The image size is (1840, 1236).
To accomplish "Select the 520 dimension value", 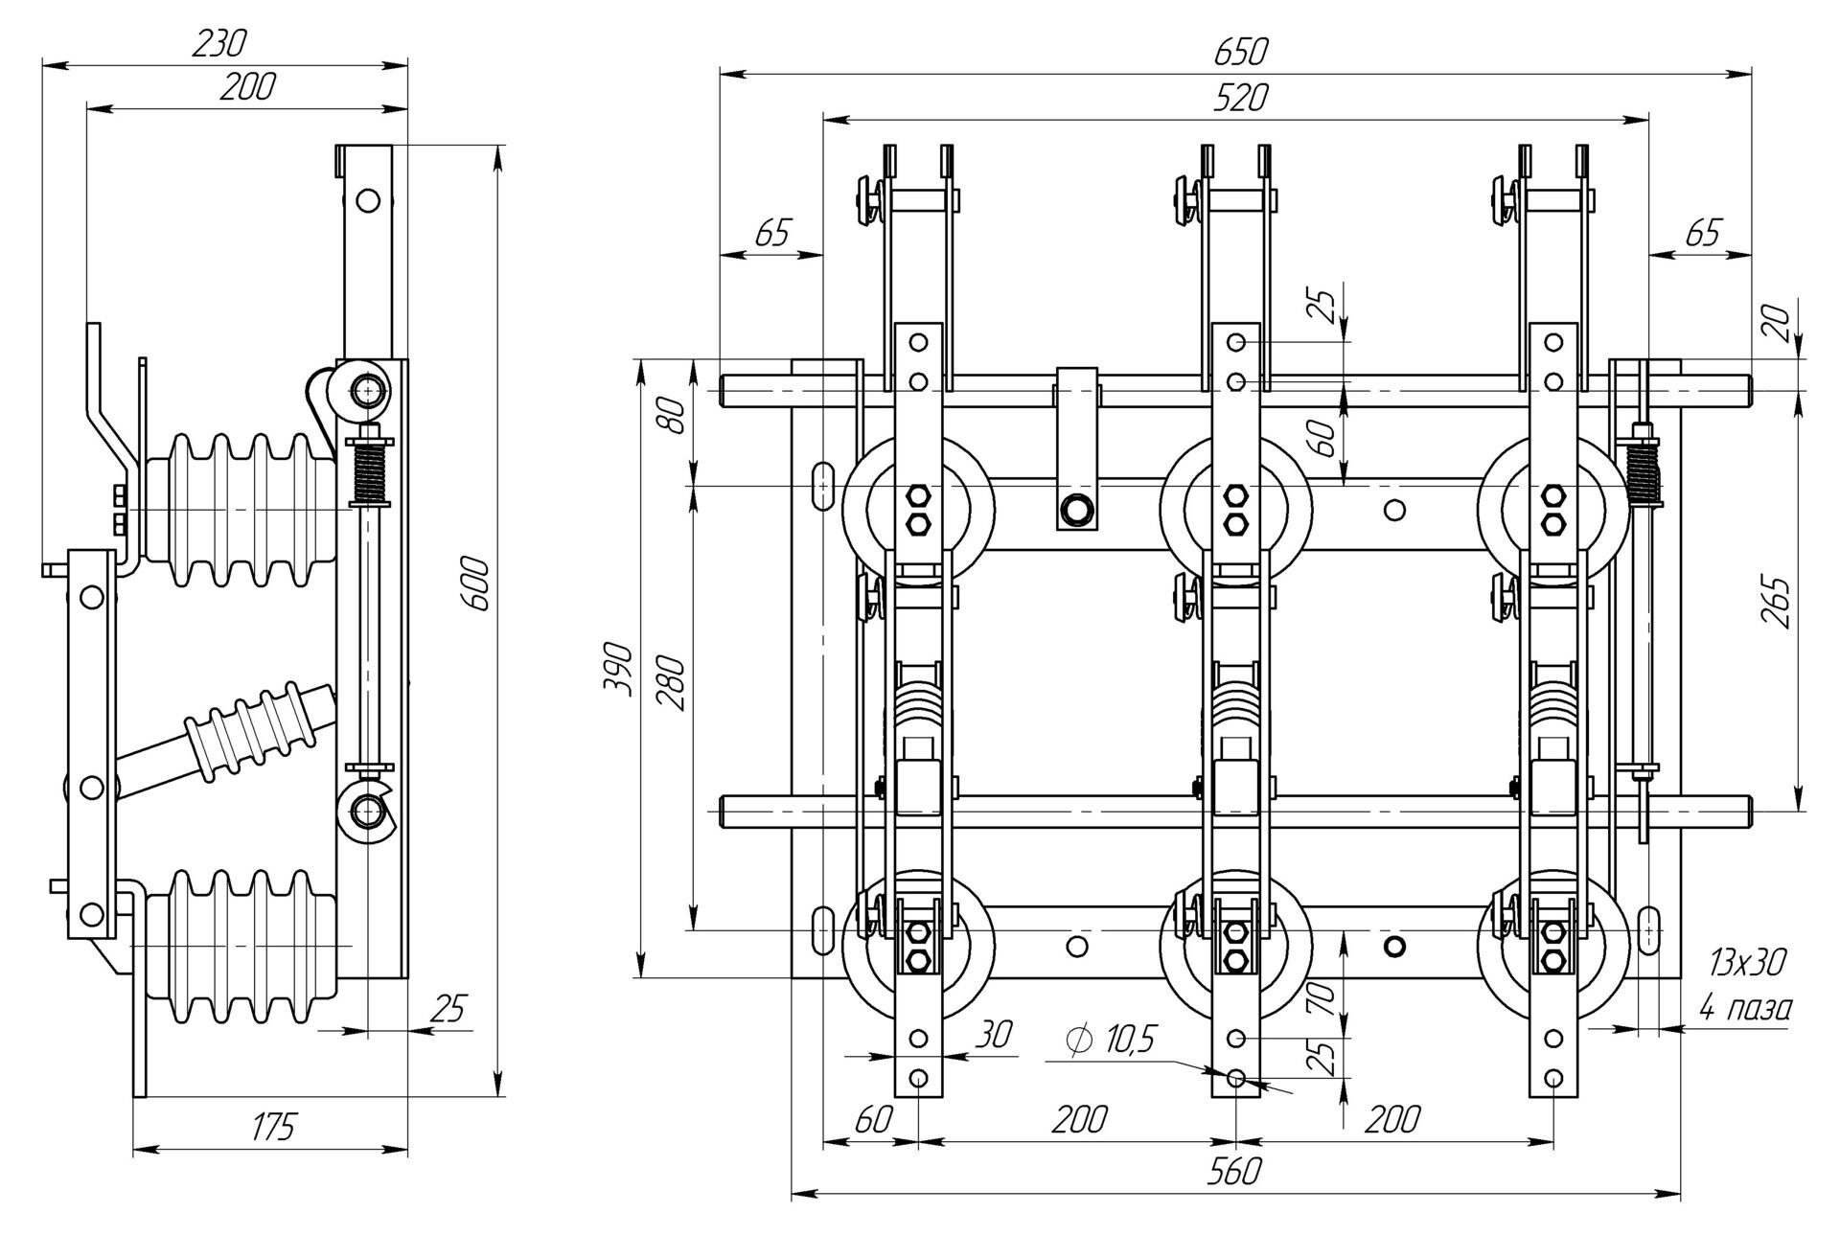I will (x=1240, y=98).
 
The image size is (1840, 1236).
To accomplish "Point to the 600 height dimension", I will (x=476, y=584).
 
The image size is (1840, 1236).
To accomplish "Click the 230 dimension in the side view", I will (x=219, y=43).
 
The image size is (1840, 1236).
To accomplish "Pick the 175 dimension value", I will (x=272, y=1128).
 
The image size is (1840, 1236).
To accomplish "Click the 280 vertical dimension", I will (x=672, y=682).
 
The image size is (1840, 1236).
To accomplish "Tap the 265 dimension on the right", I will (x=1776, y=602).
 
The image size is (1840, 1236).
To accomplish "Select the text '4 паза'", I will (x=1744, y=1008).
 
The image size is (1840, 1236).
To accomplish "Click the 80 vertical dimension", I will (x=676, y=415).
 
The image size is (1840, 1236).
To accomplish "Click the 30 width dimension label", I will (x=995, y=1034).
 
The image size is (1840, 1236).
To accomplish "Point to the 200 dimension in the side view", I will (x=246, y=87).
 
